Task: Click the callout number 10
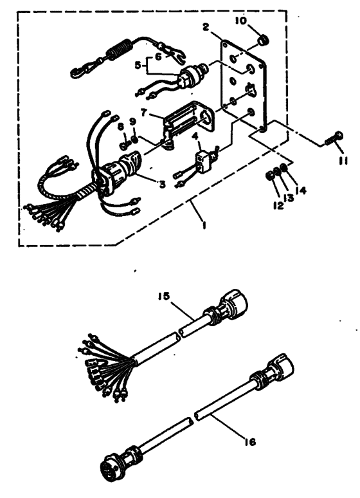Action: (x=241, y=21)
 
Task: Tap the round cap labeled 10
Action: (x=262, y=41)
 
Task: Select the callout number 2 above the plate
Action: (x=206, y=27)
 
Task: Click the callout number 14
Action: (x=300, y=190)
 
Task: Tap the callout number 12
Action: (x=278, y=205)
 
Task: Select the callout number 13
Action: (x=289, y=198)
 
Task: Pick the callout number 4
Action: (x=195, y=136)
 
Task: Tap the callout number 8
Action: (x=121, y=127)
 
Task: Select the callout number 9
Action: (x=132, y=122)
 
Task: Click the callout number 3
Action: (x=163, y=183)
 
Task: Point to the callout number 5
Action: (x=137, y=65)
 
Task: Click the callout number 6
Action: (x=159, y=57)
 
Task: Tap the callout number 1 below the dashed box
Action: (x=204, y=225)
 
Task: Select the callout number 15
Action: (x=164, y=296)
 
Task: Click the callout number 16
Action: (x=250, y=442)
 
